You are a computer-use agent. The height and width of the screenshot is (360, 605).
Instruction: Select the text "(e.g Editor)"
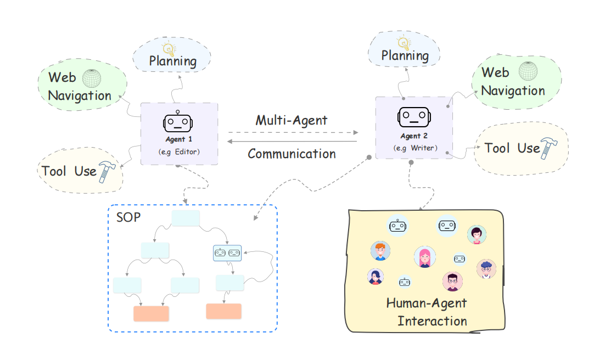point(179,151)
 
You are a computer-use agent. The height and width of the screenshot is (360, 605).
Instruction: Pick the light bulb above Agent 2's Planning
point(404,42)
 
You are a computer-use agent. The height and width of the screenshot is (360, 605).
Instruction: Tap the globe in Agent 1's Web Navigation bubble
point(92,78)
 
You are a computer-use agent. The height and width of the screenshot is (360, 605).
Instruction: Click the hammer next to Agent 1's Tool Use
point(106,171)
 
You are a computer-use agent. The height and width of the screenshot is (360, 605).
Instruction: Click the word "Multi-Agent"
point(291,120)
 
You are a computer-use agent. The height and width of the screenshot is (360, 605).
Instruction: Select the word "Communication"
point(292,154)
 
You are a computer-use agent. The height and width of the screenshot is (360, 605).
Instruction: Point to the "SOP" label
point(128,217)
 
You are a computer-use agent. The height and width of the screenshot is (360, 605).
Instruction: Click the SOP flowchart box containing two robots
point(227,252)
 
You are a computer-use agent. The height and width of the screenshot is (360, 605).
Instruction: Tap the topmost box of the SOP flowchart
point(186,218)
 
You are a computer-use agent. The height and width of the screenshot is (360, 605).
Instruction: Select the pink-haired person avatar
point(424,256)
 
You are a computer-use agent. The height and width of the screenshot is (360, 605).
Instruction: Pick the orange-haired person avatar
point(380,251)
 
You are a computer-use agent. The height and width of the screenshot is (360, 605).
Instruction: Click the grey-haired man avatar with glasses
point(486,268)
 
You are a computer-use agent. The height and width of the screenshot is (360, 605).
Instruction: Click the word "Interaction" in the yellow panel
point(433,320)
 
